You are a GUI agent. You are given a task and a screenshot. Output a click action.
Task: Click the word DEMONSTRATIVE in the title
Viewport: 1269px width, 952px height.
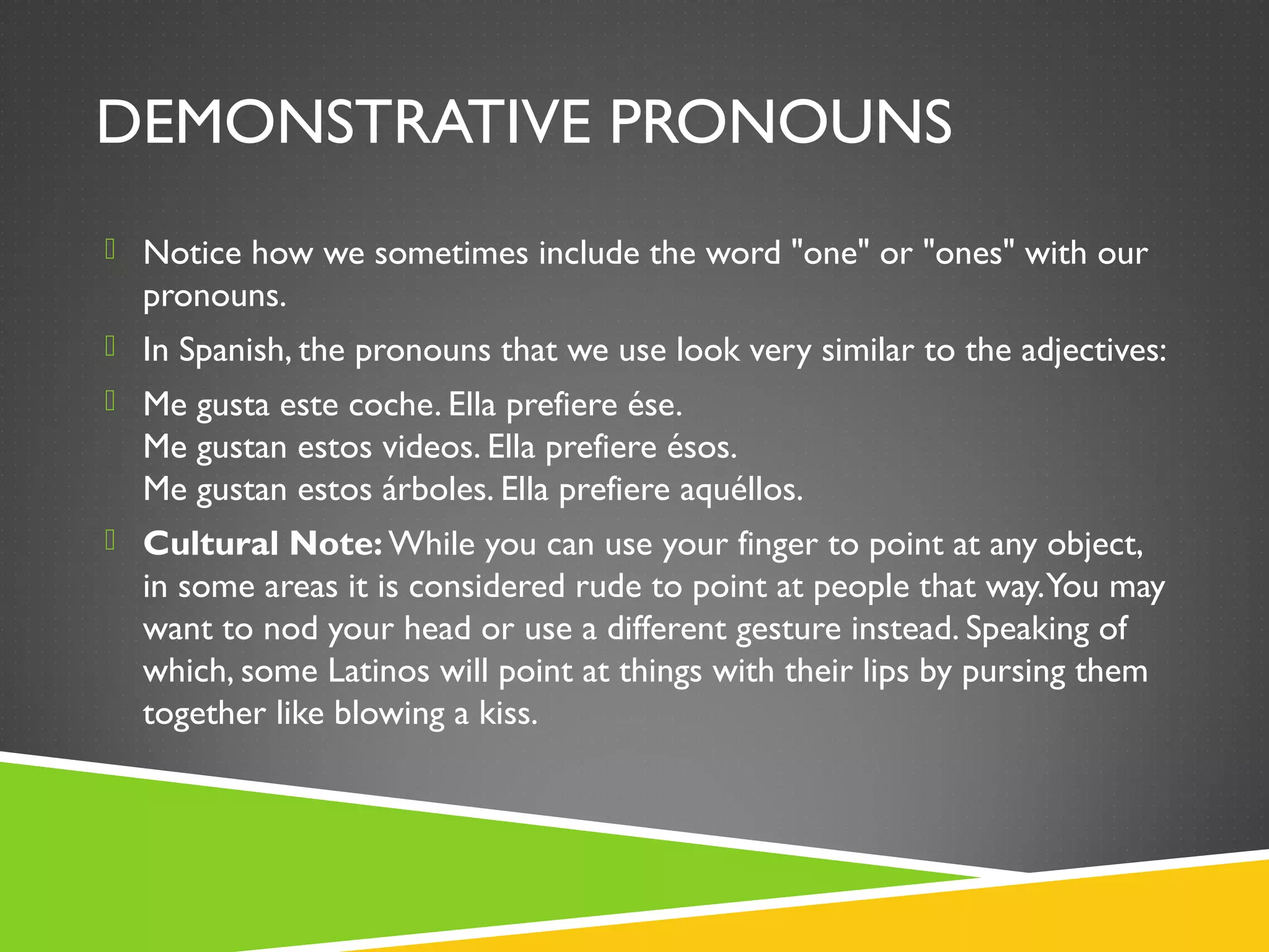coord(343,123)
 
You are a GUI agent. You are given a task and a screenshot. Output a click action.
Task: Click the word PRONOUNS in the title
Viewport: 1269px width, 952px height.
coord(781,123)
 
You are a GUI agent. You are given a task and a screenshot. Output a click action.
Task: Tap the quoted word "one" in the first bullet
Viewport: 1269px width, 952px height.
coord(830,253)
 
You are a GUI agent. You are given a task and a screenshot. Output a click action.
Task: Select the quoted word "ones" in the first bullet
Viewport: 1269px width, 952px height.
coord(968,253)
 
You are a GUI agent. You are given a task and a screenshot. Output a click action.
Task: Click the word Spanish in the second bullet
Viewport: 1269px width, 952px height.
coord(232,351)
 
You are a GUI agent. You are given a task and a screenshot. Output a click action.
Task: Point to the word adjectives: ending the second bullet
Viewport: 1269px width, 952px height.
coord(1094,351)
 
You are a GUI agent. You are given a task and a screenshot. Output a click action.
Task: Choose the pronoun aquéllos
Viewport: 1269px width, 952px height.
coord(740,490)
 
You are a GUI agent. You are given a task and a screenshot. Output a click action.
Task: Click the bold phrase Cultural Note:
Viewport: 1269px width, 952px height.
coord(263,544)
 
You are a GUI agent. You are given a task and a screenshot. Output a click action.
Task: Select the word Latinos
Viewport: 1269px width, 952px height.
coord(379,671)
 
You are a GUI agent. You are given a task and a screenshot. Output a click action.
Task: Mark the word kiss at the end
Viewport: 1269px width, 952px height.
coord(507,713)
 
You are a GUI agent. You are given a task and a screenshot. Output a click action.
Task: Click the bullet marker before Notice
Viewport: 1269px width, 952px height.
coord(110,249)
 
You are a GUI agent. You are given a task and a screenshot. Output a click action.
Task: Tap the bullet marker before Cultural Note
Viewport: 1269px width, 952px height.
coord(110,540)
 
